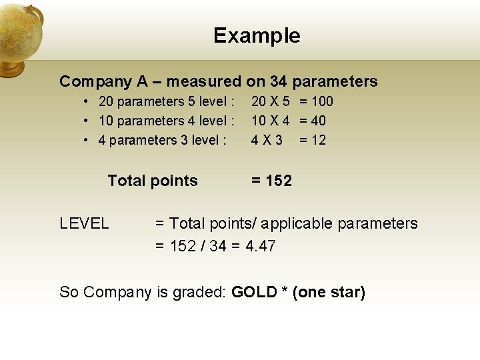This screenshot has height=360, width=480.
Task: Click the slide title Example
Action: (x=257, y=35)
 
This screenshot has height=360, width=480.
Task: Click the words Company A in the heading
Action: (x=103, y=81)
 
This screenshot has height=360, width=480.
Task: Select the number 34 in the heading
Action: (x=279, y=81)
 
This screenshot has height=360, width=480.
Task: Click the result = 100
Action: (x=316, y=101)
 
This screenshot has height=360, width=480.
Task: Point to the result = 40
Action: (x=312, y=121)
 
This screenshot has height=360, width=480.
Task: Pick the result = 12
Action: (x=312, y=140)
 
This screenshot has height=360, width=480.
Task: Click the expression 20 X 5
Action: (x=270, y=101)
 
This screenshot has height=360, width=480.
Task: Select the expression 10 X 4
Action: (x=270, y=121)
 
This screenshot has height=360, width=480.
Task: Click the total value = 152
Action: (x=271, y=181)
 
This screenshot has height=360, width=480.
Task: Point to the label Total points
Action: (x=153, y=181)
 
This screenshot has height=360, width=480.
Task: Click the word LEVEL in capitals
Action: (x=84, y=223)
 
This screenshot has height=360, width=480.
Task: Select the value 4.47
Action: (x=260, y=246)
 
